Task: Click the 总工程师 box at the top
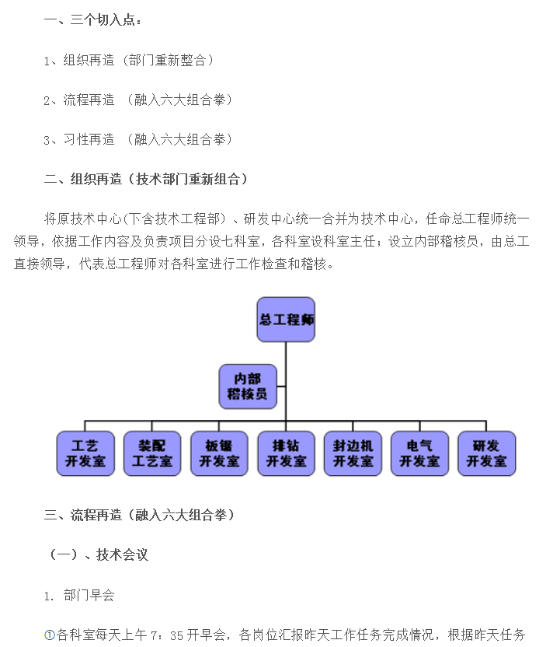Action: point(286,320)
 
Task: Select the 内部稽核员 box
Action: point(248,386)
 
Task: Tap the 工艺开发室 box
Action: point(85,453)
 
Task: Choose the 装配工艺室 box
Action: point(152,453)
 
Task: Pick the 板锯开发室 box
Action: point(219,453)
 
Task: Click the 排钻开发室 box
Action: point(286,453)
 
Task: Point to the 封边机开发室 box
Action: point(353,453)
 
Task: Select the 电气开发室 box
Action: point(419,453)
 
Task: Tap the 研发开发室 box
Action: point(487,453)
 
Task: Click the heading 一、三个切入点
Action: point(92,19)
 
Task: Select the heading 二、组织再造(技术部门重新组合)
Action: point(145,179)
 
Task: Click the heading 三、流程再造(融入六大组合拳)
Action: point(139,515)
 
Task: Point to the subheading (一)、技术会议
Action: point(98,554)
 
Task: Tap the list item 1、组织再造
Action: point(128,60)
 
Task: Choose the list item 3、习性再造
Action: point(138,139)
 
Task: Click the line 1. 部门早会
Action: point(79,595)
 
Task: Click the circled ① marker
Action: point(50,635)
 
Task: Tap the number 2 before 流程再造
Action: point(47,100)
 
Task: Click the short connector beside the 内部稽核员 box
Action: point(281,386)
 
